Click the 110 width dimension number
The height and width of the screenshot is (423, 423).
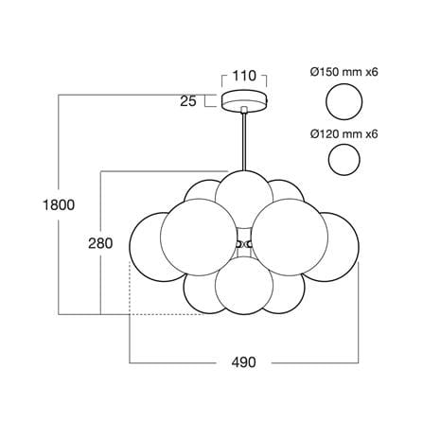pos(244,76)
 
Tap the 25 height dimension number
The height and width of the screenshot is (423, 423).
pos(188,101)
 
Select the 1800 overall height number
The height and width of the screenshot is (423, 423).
pos(59,205)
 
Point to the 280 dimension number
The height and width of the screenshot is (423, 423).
pos(100,243)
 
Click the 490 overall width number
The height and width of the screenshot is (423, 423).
pos(244,362)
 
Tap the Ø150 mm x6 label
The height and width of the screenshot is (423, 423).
pos(344,72)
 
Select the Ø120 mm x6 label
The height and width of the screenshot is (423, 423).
pos(344,134)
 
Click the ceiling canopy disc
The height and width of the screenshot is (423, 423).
pos(244,101)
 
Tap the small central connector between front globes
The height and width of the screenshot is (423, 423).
pos(244,244)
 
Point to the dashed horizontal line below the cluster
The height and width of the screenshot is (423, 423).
pos(167,314)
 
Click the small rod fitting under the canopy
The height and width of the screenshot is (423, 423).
pos(244,110)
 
